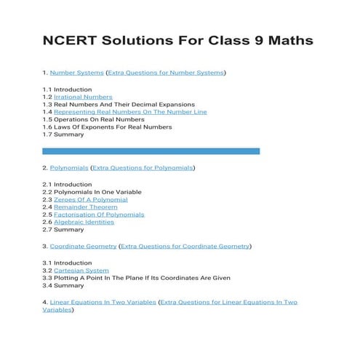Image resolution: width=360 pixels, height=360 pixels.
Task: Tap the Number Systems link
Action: [x=76, y=73]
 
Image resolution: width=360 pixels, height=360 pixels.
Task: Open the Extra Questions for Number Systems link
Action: [x=166, y=73]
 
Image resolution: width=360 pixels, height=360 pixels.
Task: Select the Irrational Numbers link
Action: [x=83, y=97]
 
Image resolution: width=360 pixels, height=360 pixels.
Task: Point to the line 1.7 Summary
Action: [x=63, y=135]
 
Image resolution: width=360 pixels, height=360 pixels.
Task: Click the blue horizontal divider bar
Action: [x=151, y=151]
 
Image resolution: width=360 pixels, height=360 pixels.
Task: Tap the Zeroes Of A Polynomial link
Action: [x=90, y=199]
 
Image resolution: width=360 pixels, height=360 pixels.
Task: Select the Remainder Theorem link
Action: [x=85, y=207]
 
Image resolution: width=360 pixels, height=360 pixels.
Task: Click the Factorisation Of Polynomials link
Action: [x=99, y=215]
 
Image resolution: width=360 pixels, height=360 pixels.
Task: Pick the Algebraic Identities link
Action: [x=84, y=222]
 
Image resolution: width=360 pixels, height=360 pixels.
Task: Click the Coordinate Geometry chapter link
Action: [x=83, y=247]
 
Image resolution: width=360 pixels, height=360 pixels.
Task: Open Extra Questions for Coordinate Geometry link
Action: [x=185, y=247]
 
